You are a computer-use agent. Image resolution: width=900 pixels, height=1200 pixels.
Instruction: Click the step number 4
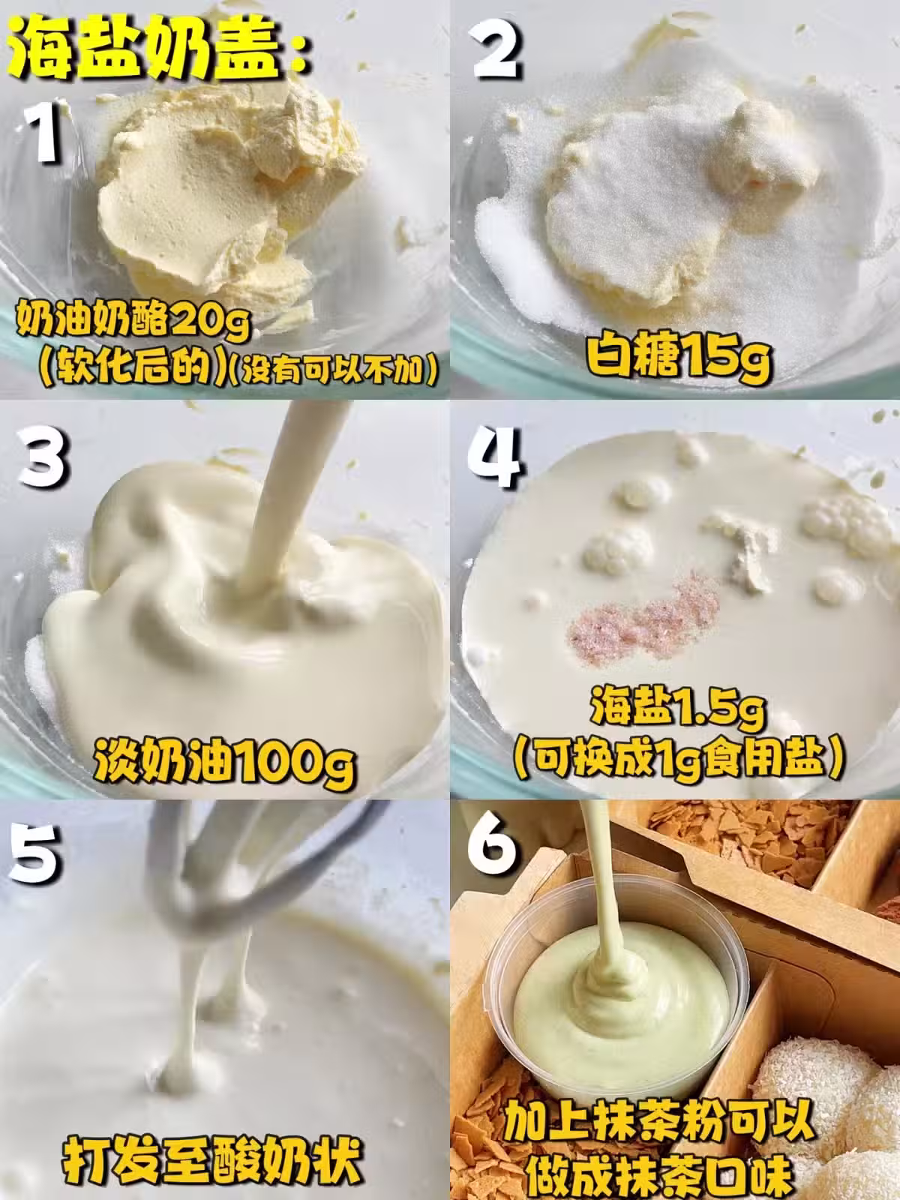(495, 457)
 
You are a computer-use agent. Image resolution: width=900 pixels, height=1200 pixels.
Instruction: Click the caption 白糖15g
(677, 356)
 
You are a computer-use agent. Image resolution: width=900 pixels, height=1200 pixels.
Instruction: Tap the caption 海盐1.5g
(677, 711)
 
